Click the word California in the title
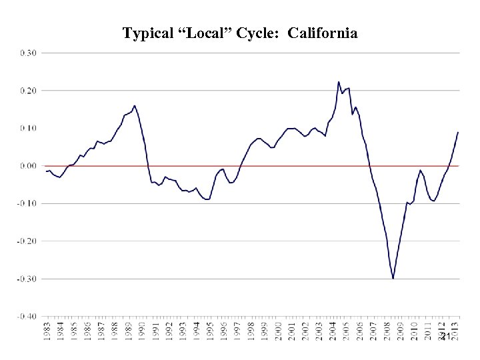point(323,33)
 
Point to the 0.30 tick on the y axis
point(29,52)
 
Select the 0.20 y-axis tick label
point(29,90)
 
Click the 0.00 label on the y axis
point(29,165)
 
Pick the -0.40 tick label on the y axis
point(27,316)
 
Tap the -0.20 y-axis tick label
point(27,241)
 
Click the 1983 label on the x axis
point(47,331)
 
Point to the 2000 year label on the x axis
point(279,331)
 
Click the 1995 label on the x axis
point(210,331)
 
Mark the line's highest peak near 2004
point(339,82)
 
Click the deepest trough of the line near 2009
point(393,278)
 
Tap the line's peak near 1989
point(135,105)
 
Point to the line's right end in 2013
point(458,132)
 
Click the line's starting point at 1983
point(46,171)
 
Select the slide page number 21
point(445,336)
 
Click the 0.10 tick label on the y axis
point(29,127)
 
